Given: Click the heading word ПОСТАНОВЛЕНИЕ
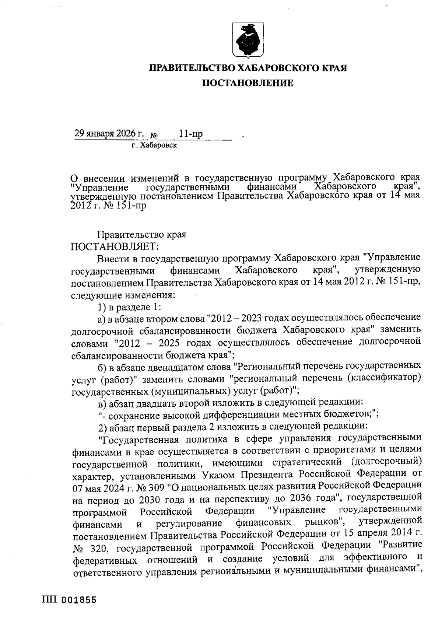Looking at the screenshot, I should tap(249, 83).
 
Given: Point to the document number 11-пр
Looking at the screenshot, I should tap(191, 134).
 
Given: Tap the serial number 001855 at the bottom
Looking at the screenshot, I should tap(79, 600).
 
